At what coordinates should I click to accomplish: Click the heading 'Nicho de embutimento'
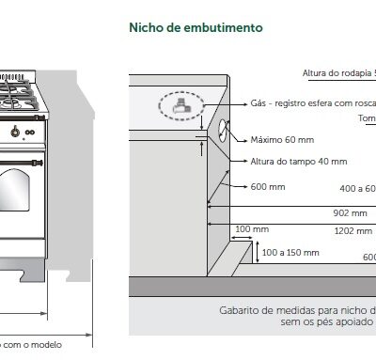[195, 28]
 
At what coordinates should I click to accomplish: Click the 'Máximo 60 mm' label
[282, 139]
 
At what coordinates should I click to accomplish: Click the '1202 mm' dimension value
[353, 230]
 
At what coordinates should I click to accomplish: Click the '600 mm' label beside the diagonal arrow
[267, 186]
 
